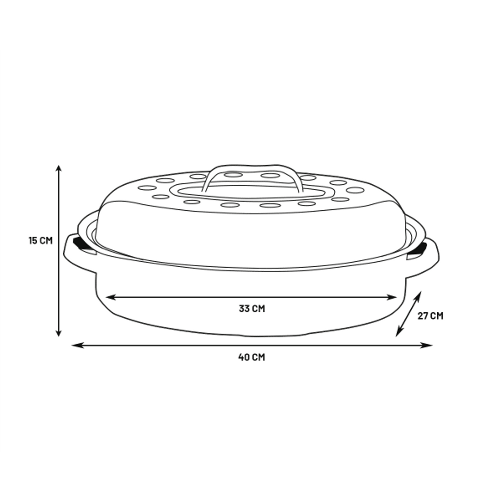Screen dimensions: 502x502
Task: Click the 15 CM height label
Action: pyautogui.click(x=41, y=240)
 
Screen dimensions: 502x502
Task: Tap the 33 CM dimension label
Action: pyautogui.click(x=252, y=309)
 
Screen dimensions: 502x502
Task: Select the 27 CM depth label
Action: pyautogui.click(x=430, y=316)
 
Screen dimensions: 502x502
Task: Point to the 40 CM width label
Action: pyautogui.click(x=251, y=357)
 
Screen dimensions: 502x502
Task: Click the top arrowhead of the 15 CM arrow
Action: pyautogui.click(x=59, y=169)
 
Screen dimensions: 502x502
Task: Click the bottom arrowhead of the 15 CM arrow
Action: pyautogui.click(x=59, y=333)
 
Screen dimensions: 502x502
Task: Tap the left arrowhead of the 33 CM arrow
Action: pyautogui.click(x=110, y=298)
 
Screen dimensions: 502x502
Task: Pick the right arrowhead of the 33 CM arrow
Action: pyautogui.click(x=392, y=298)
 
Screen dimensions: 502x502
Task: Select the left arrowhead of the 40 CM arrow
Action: pyautogui.click(x=77, y=346)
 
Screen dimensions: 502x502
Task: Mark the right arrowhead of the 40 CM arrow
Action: pyautogui.click(x=427, y=346)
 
